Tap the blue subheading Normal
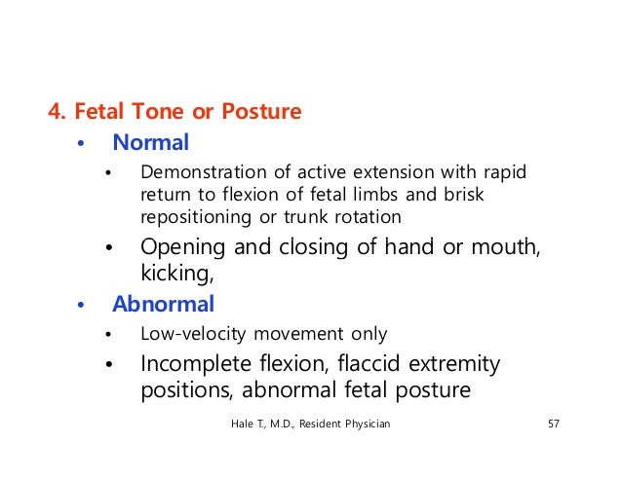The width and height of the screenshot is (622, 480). pos(150,143)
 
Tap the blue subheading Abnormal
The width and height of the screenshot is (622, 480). pos(163,304)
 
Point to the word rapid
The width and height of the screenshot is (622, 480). pos(504,173)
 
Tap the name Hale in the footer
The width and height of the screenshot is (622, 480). pos(243,425)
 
